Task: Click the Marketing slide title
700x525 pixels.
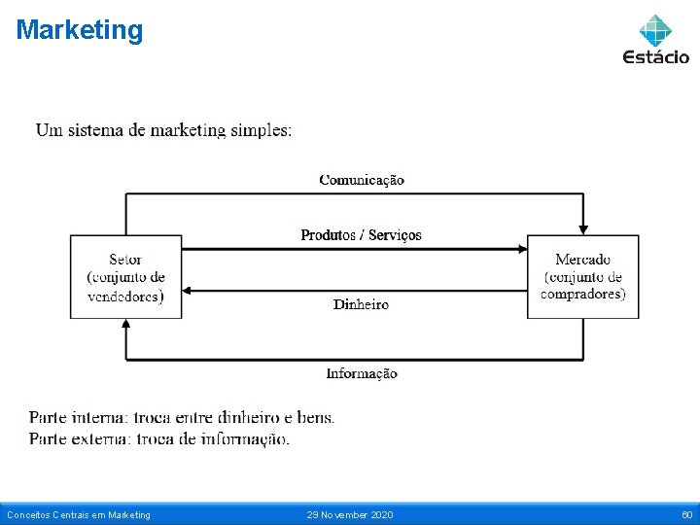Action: coord(80,30)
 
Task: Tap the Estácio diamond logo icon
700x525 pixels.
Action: coord(655,30)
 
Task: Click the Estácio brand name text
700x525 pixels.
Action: coord(655,56)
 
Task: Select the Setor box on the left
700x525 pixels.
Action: coord(125,276)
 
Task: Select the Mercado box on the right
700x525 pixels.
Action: coord(582,276)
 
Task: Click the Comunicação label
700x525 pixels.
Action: coord(362,180)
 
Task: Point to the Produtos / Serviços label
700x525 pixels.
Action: coord(361,235)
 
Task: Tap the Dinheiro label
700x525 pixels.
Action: coord(361,304)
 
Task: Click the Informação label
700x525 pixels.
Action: coord(362,373)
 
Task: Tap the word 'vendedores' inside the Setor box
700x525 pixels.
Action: coord(125,296)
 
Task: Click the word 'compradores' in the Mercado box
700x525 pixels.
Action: coord(583,294)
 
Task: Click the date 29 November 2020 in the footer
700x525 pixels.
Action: coord(350,514)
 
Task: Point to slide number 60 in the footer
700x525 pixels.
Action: coord(686,514)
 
